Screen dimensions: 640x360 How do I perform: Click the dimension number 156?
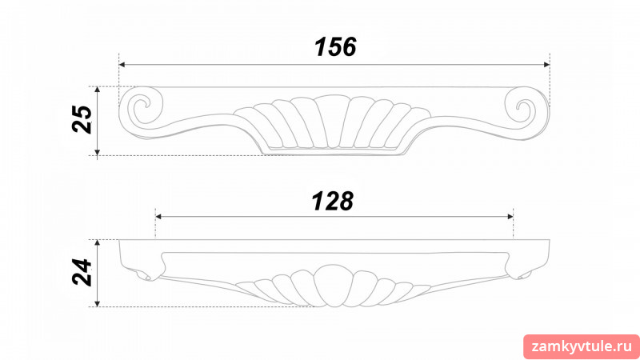tap(335, 47)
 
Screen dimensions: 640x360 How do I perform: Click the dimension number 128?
tap(333, 202)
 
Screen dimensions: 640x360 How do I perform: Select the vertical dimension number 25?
tap(82, 119)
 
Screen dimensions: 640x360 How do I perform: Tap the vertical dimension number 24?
tap(82, 272)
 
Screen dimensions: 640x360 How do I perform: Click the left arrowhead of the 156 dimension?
tap(122, 65)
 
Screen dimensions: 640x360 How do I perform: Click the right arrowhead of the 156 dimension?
tap(547, 65)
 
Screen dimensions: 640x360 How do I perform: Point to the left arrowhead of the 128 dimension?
tap(158, 216)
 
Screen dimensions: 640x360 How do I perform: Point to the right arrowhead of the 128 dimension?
tap(510, 216)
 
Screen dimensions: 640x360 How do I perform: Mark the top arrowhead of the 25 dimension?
tap(97, 90)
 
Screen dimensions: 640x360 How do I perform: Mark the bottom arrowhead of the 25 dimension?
tap(97, 153)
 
